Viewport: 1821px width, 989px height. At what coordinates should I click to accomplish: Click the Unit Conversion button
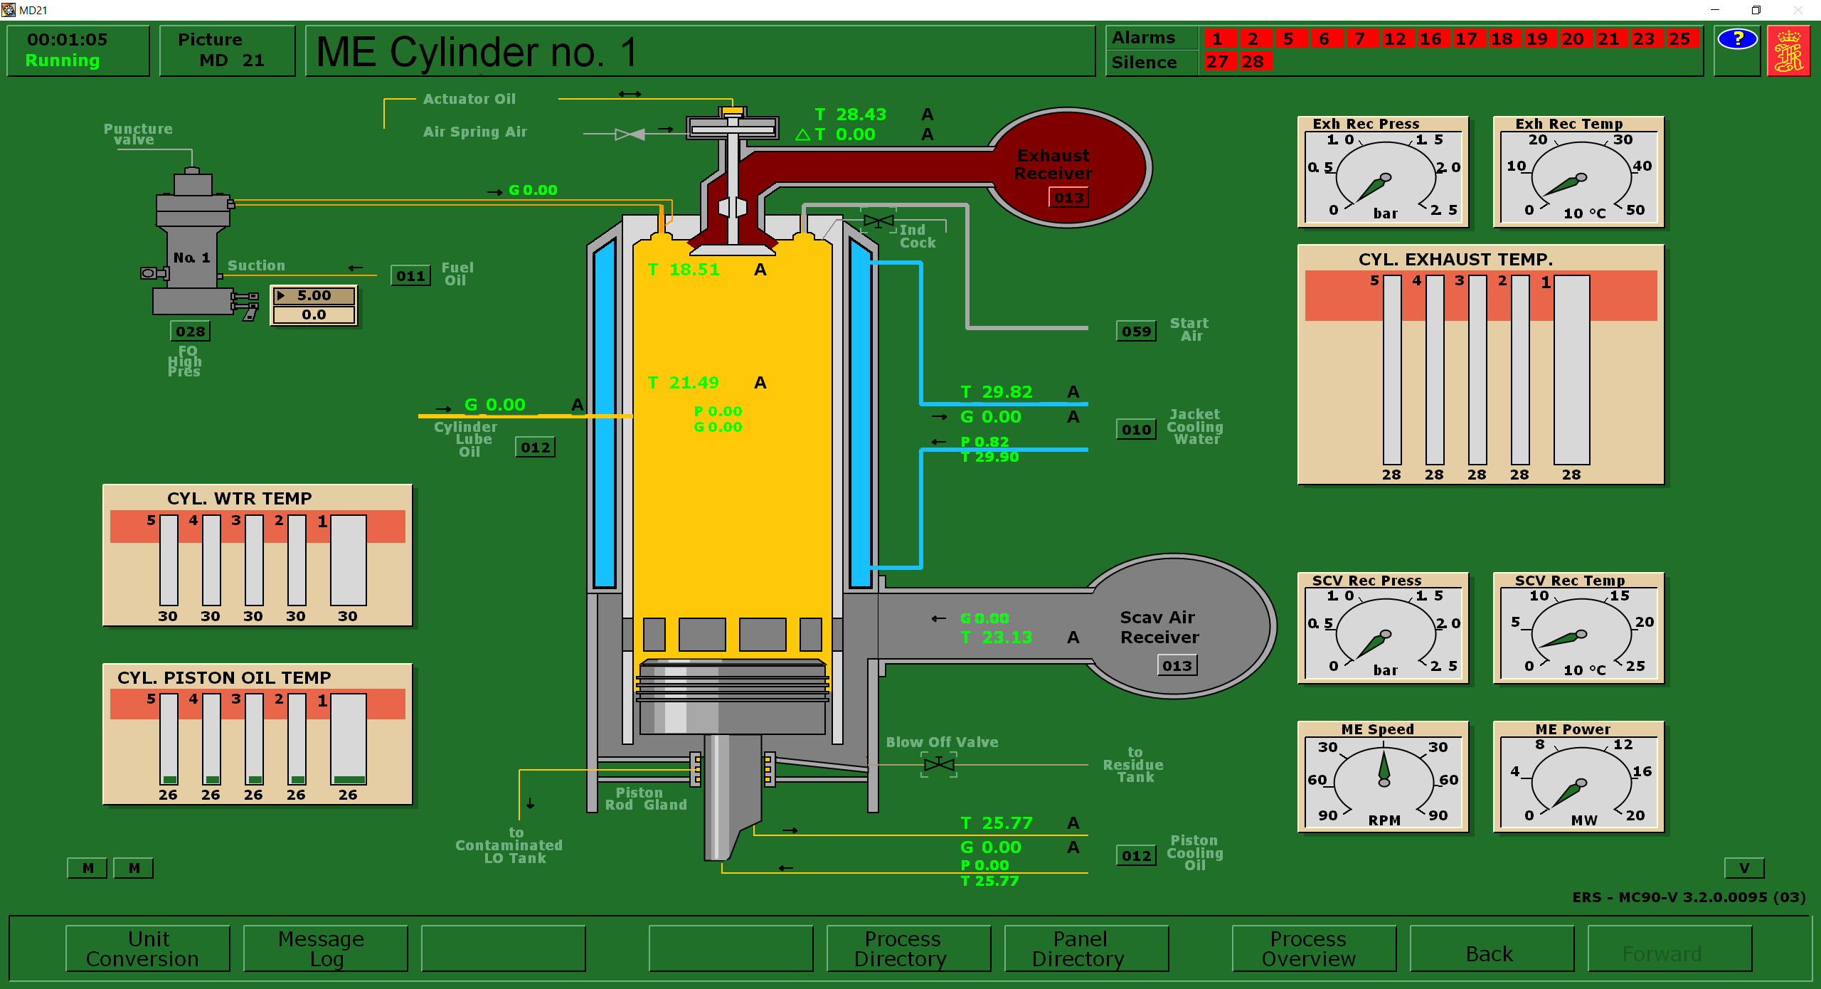pos(148,948)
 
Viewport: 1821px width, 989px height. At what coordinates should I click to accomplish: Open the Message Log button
pos(326,948)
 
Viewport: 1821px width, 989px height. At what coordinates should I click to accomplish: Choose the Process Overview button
pos(1314,948)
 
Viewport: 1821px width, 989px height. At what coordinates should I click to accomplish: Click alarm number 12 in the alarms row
pos(1395,39)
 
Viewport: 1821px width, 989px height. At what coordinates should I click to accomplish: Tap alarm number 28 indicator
pos(1253,62)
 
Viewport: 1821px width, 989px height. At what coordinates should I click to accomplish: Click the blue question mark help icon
pos(1737,39)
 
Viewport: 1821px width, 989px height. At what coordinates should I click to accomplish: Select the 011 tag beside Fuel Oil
pos(410,276)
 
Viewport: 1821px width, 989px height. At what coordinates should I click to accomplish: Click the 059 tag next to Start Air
pos(1136,332)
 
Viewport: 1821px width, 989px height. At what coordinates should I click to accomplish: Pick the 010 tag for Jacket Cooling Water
pos(1136,430)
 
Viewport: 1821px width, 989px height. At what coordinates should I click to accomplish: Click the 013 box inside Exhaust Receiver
pos(1068,198)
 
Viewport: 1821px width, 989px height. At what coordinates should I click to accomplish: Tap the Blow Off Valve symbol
pos(939,765)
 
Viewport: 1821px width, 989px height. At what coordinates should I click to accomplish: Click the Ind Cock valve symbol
pos(878,221)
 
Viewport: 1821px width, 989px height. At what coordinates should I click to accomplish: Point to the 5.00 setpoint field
pos(314,295)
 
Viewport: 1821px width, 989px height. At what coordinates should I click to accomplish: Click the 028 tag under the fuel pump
pos(190,332)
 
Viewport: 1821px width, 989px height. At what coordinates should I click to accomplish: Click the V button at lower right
pos(1743,868)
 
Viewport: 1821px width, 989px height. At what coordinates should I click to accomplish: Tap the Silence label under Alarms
pos(1144,63)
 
